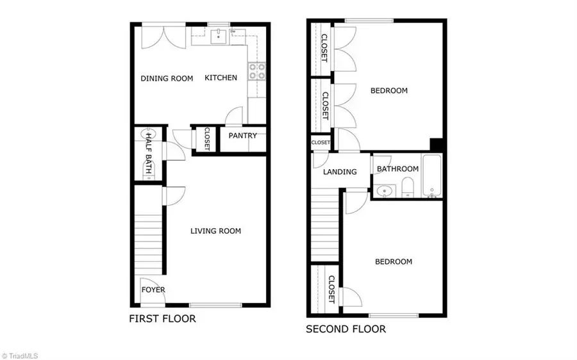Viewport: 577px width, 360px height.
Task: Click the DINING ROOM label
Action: point(167,78)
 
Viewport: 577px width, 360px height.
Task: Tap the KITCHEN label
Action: point(221,78)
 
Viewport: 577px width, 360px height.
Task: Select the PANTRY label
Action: point(242,135)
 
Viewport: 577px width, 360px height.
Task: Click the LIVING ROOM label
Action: point(215,231)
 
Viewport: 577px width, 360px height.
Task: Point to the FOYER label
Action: point(153,290)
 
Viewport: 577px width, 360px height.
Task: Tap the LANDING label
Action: point(340,172)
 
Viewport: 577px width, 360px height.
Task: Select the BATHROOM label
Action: point(397,169)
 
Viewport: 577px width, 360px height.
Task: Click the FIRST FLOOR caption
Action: point(162,318)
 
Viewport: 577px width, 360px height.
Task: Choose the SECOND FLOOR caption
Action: point(346,329)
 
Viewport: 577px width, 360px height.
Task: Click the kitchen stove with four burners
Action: point(257,71)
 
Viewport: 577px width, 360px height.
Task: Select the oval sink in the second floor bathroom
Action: point(385,190)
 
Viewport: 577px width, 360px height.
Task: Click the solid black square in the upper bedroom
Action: point(437,145)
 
